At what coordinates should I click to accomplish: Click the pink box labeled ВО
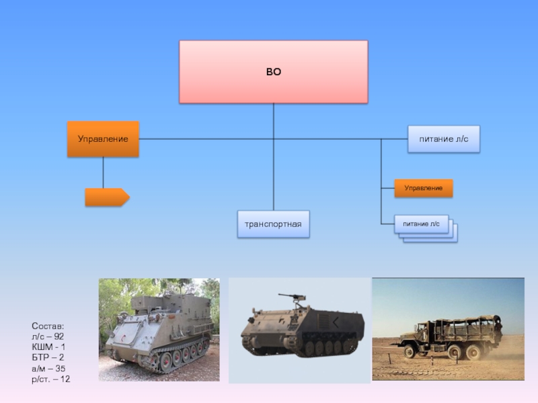[274, 72]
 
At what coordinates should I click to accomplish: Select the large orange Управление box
[103, 139]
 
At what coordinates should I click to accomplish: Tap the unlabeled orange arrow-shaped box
[108, 197]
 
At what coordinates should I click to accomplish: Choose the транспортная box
[274, 224]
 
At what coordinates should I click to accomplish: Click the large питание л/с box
[444, 139]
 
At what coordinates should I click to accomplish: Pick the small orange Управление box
[424, 188]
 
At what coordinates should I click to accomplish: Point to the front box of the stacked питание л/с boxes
[422, 224]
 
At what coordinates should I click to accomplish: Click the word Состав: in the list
[48, 326]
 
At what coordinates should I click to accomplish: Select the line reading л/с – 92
[48, 337]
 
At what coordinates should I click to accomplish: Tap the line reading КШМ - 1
[48, 347]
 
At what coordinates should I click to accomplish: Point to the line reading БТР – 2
[48, 357]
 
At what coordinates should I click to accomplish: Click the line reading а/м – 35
[48, 368]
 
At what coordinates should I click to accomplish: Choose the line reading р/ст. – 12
[51, 379]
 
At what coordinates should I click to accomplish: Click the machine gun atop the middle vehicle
[293, 298]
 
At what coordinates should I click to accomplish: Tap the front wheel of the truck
[410, 351]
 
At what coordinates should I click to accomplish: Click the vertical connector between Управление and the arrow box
[103, 173]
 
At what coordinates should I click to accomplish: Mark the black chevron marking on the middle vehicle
[336, 322]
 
